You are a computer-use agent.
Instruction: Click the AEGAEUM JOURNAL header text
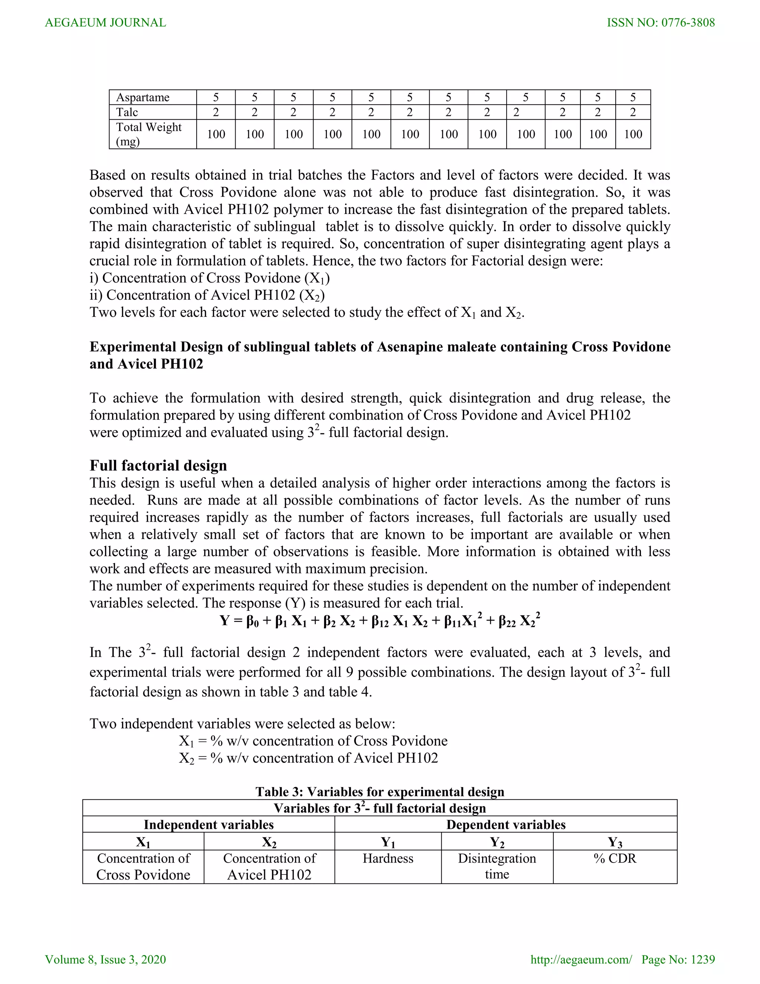pyautogui.click(x=105, y=23)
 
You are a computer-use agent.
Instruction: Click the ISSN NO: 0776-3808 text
pyautogui.click(x=661, y=23)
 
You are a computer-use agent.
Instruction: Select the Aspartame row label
pyautogui.click(x=143, y=97)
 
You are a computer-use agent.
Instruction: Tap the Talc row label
pyautogui.click(x=127, y=112)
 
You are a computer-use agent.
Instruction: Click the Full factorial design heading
pyautogui.click(x=158, y=465)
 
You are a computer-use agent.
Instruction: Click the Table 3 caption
pyautogui.click(x=380, y=792)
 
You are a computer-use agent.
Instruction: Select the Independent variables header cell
pyautogui.click(x=209, y=824)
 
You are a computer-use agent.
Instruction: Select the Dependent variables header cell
pyautogui.click(x=506, y=824)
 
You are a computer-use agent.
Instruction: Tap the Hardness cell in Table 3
pyautogui.click(x=388, y=858)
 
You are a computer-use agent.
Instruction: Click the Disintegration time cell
pyautogui.click(x=497, y=866)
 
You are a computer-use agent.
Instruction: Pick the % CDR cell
pyautogui.click(x=615, y=858)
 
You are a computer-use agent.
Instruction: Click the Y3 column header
pyautogui.click(x=615, y=842)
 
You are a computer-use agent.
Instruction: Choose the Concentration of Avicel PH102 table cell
pyautogui.click(x=269, y=866)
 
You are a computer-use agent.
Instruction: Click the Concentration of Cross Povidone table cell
pyautogui.click(x=143, y=866)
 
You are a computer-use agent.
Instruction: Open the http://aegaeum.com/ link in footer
pyautogui.click(x=581, y=959)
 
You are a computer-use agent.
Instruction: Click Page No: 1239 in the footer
pyautogui.click(x=678, y=959)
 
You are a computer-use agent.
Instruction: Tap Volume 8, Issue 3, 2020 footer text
pyautogui.click(x=105, y=959)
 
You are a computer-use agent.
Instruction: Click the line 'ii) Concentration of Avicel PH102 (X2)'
pyautogui.click(x=207, y=295)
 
